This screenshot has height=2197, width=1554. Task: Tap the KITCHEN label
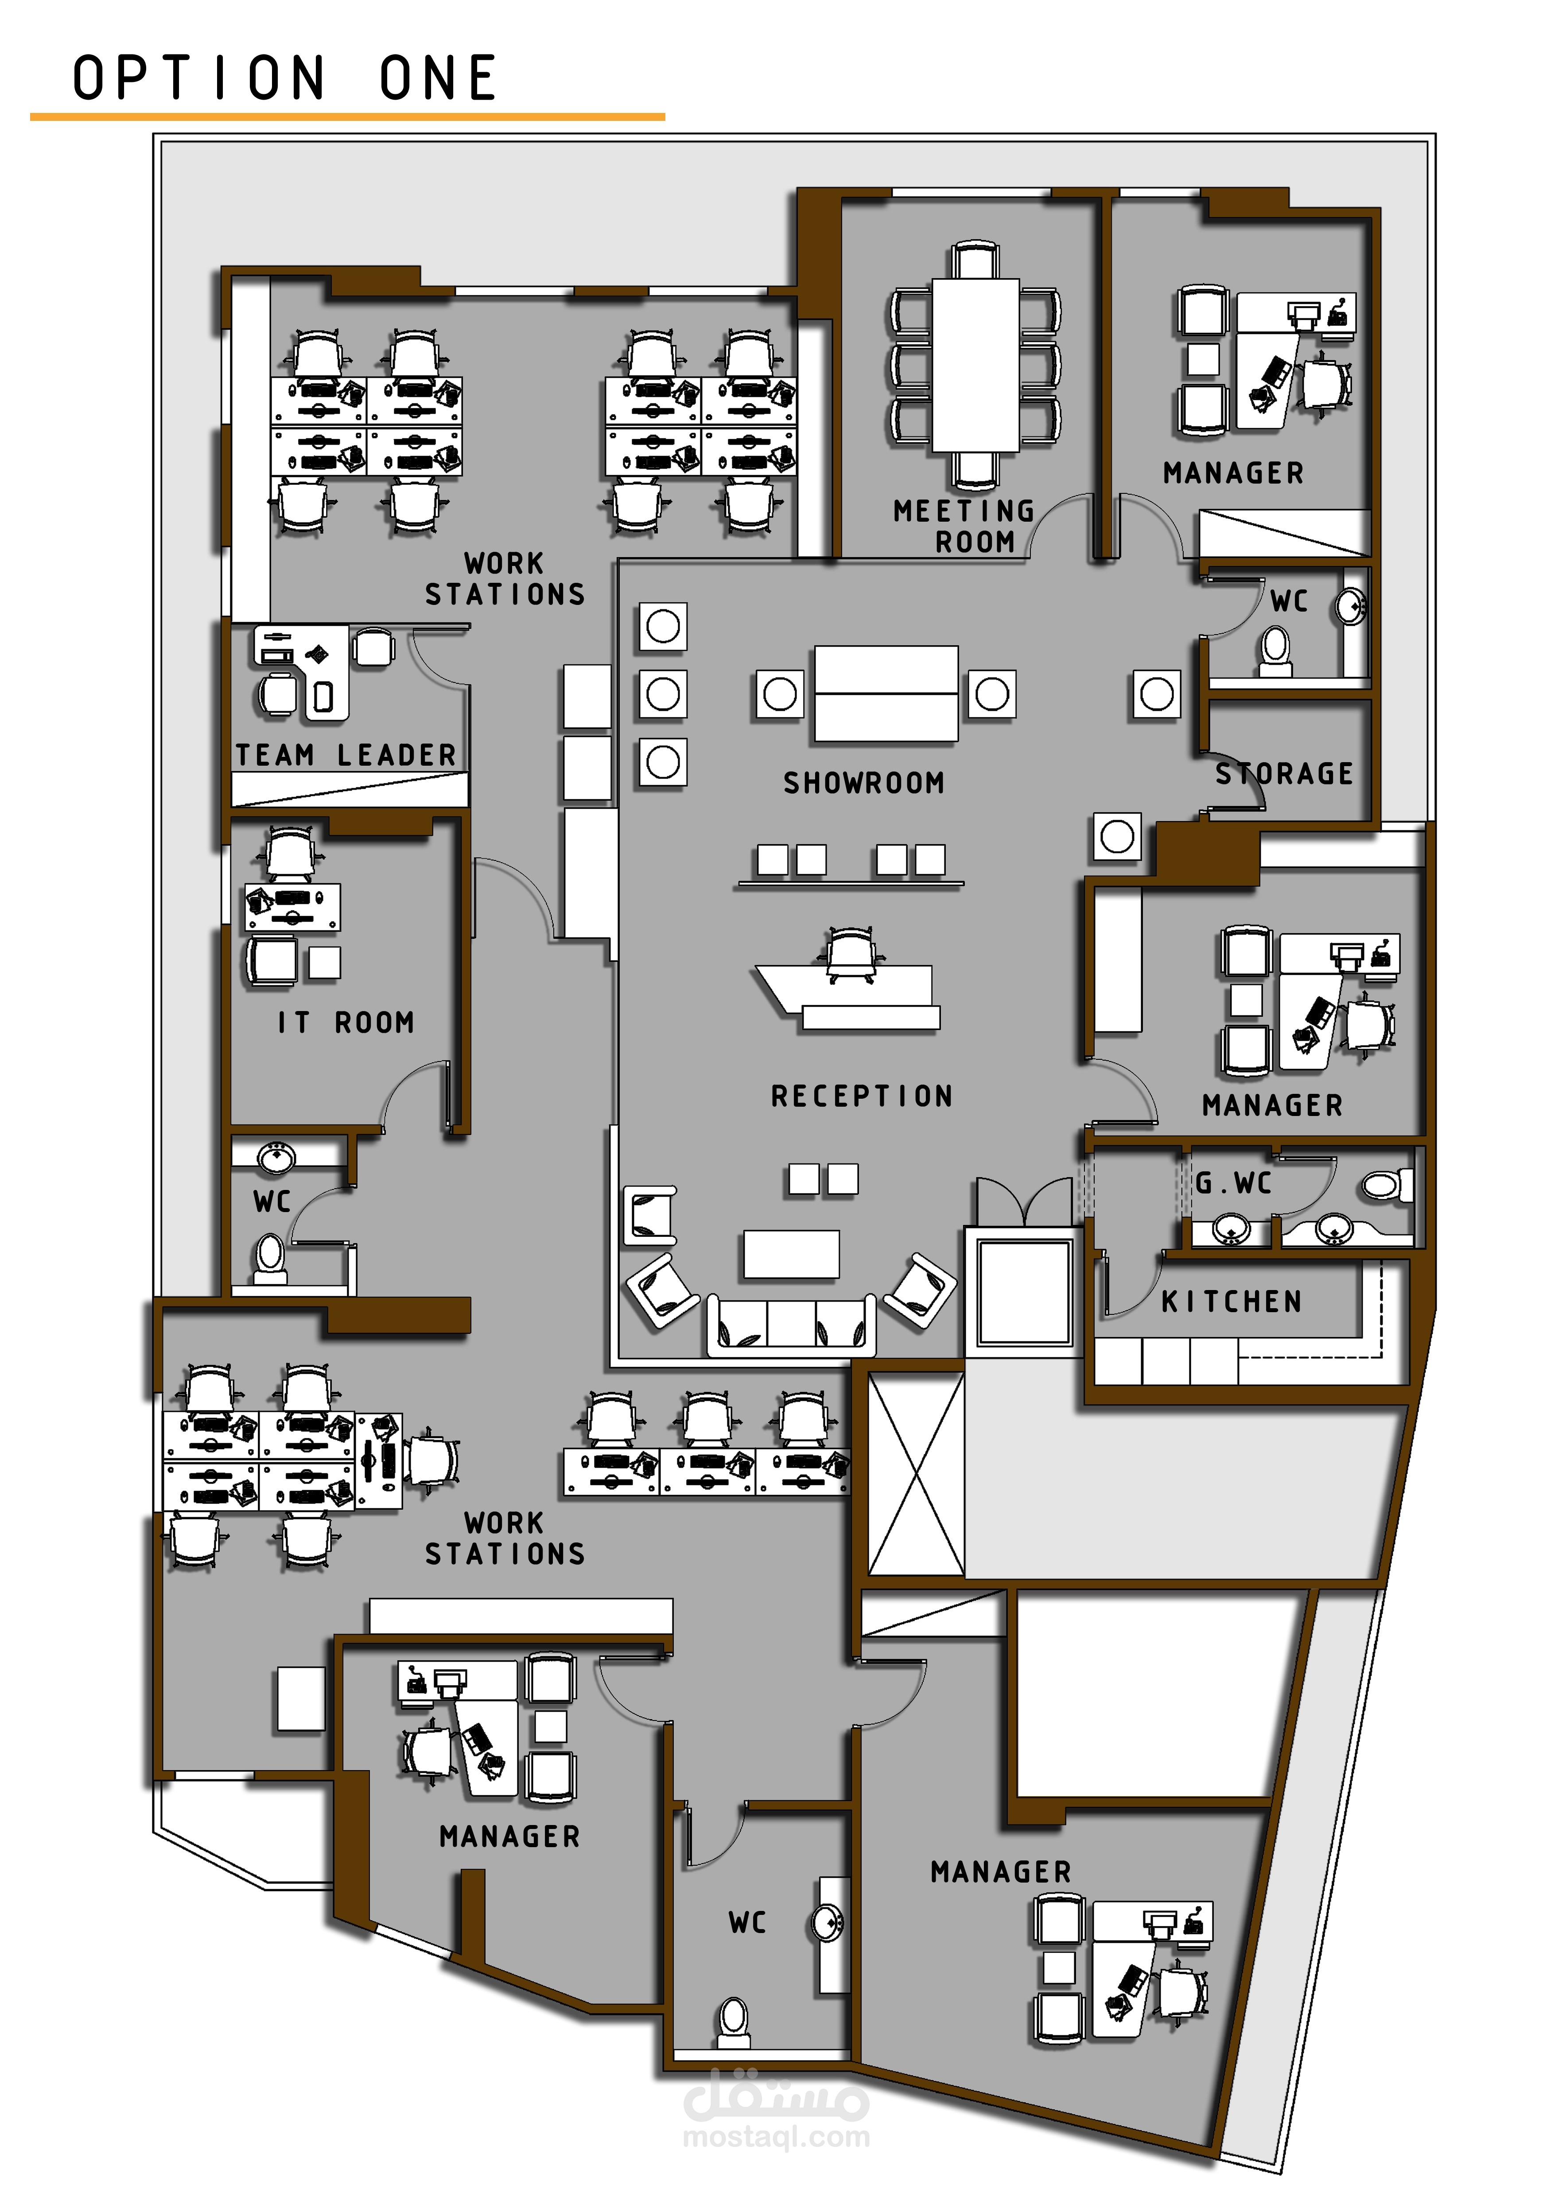tap(1232, 1302)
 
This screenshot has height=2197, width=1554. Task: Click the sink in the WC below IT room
tap(276, 1158)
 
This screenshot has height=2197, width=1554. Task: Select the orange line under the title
tap(347, 117)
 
